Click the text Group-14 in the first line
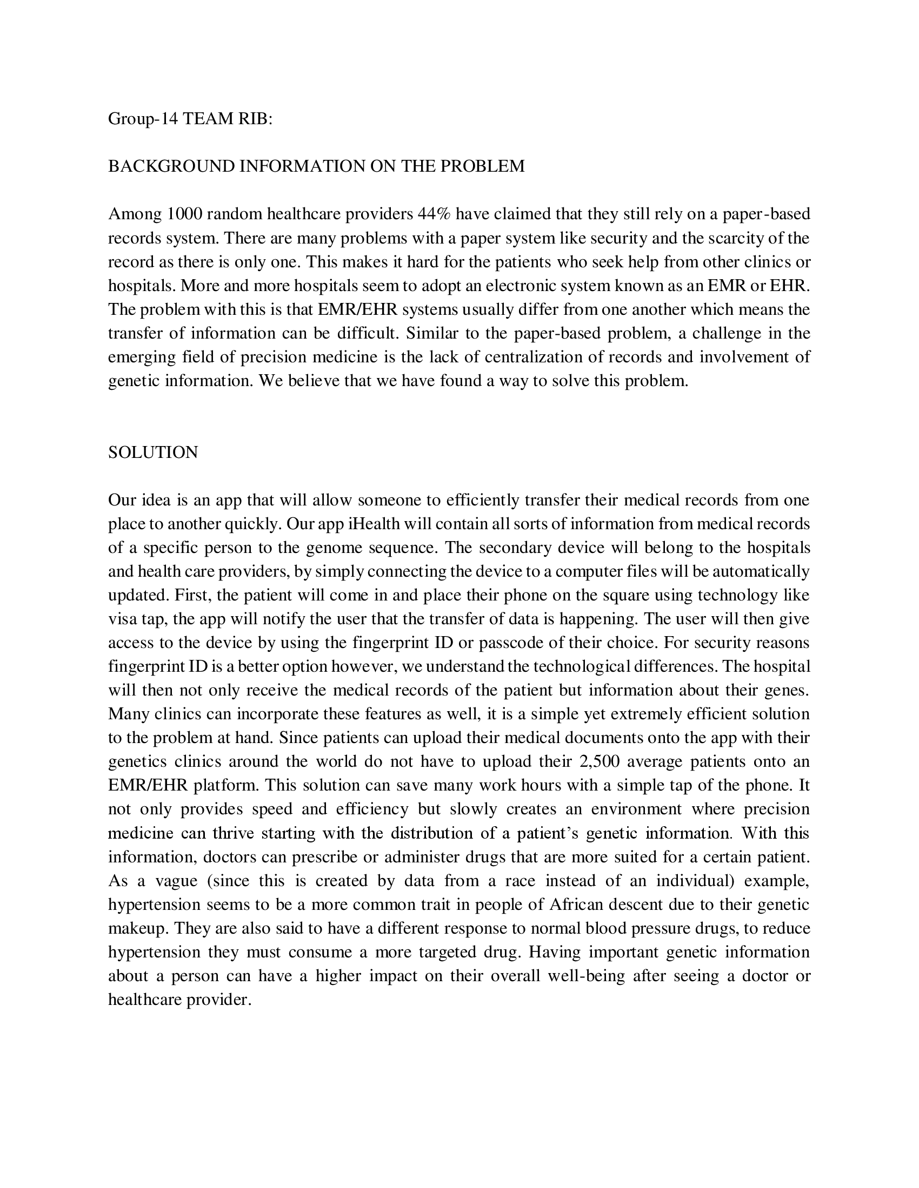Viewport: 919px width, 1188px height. [x=143, y=119]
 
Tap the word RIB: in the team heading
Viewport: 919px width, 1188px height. [x=254, y=119]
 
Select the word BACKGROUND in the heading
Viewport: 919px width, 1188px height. [x=172, y=166]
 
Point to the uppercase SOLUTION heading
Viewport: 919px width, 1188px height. [x=153, y=452]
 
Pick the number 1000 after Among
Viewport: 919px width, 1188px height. [x=185, y=214]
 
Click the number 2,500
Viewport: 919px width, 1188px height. [x=600, y=761]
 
